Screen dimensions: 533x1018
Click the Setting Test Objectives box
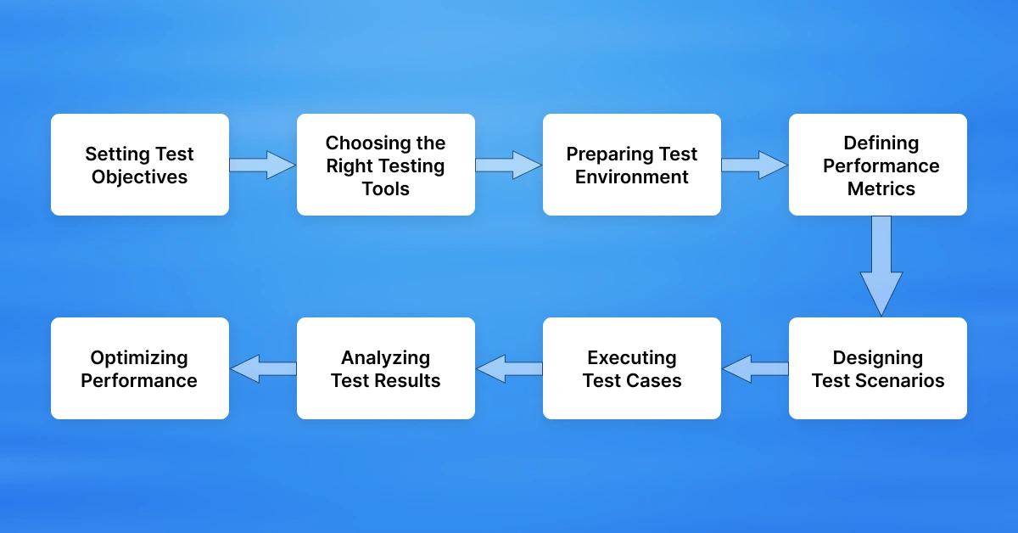[x=140, y=165]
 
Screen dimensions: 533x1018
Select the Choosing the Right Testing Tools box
[x=386, y=165]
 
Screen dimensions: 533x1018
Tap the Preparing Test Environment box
[x=632, y=165]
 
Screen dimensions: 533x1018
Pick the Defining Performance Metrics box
[x=878, y=165]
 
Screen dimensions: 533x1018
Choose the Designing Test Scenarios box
[x=878, y=368]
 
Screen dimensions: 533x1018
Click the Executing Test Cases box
[x=632, y=368]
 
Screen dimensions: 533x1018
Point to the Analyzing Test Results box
[x=386, y=368]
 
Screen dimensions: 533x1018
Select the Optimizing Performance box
[x=140, y=368]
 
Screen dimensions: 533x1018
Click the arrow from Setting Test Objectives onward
[x=262, y=165]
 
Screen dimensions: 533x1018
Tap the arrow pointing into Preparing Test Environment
[x=508, y=165]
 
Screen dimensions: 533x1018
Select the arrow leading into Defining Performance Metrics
[x=754, y=165]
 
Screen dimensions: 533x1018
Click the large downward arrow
[x=881, y=266]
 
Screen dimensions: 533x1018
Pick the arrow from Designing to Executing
[x=755, y=368]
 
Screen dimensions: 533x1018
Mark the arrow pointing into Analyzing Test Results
[x=509, y=368]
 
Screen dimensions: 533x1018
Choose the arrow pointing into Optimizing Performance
[x=263, y=368]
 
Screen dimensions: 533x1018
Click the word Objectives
[x=140, y=177]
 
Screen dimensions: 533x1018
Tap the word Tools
[x=386, y=188]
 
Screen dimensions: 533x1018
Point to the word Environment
[x=632, y=177]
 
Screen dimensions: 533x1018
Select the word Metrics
[x=881, y=188]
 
